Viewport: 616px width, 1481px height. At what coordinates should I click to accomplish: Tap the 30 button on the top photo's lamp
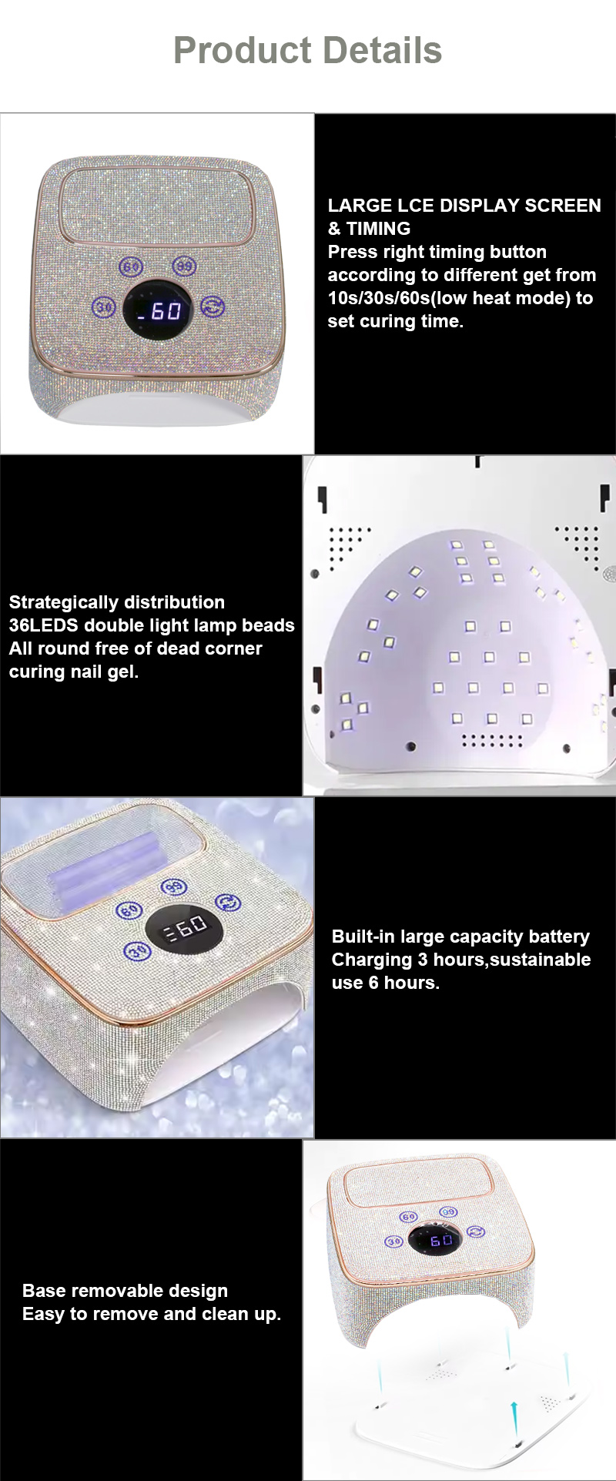coord(104,307)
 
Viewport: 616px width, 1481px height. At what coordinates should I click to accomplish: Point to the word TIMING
coord(378,229)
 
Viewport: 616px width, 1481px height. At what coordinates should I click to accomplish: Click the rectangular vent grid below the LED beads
coord(492,741)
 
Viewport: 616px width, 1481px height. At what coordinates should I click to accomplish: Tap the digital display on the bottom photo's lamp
coord(440,1239)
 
